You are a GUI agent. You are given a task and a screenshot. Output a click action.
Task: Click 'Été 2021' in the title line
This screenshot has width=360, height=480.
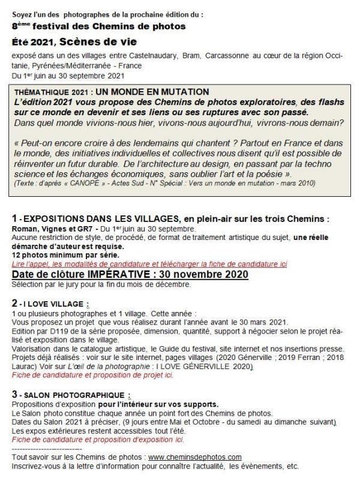tap(32, 41)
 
